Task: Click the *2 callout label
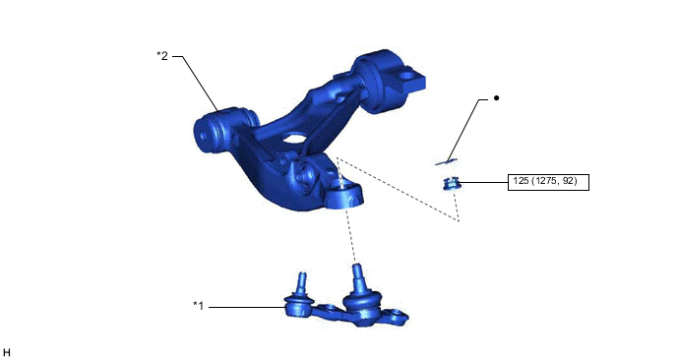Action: (162, 56)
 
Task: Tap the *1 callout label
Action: (198, 306)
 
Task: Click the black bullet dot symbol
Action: (496, 98)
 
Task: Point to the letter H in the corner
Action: (7, 353)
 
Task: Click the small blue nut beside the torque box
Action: (452, 184)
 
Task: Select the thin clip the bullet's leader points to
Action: (446, 162)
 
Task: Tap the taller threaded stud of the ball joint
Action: (357, 277)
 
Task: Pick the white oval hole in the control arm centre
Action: (293, 139)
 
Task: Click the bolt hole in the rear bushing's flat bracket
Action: (406, 77)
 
